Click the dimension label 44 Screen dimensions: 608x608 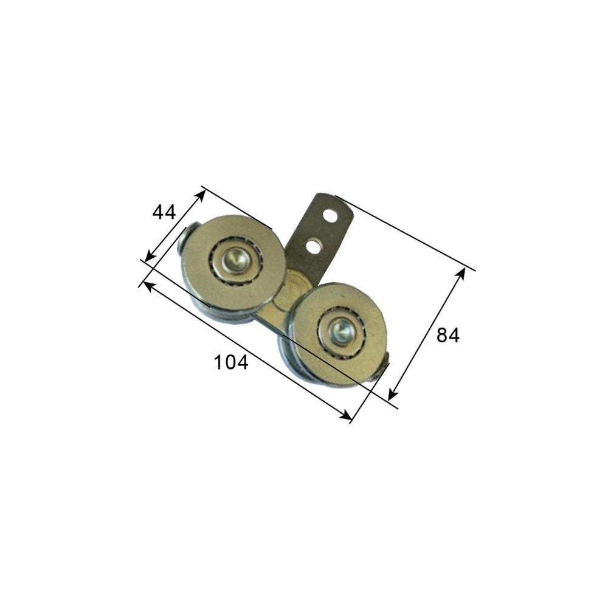pyautogui.click(x=164, y=212)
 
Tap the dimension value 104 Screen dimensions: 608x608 pyautogui.click(x=231, y=363)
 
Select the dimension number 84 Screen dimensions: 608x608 pyautogui.click(x=448, y=335)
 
